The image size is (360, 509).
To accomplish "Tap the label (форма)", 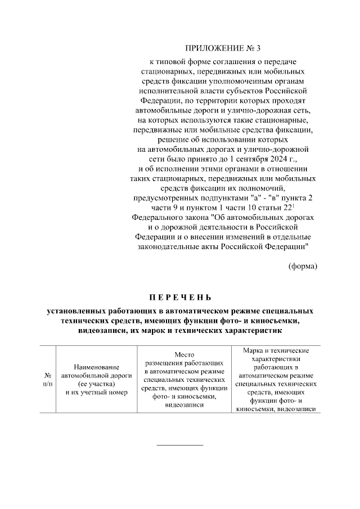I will click(303, 265).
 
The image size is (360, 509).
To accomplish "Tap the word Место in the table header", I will click(184, 355).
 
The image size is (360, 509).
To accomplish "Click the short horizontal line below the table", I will click(179, 445).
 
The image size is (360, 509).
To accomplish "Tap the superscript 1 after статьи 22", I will click(294, 205).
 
